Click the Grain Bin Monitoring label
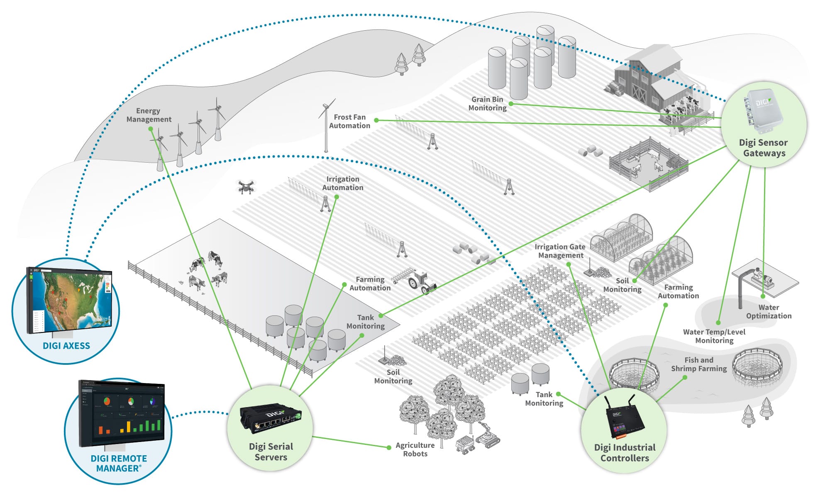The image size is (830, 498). pos(487,104)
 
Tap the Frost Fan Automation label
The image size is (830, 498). pos(349,122)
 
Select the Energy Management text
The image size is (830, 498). pos(149,115)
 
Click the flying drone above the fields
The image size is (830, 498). pos(246,186)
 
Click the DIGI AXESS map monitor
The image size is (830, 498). pos(68,301)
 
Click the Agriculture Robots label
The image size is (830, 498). pos(415,449)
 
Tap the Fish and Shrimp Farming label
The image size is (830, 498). pos(699,364)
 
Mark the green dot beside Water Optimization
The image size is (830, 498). pos(763,296)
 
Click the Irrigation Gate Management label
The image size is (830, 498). pos(560,251)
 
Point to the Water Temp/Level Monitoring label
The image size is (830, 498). pos(714,336)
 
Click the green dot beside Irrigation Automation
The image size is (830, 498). pos(337,197)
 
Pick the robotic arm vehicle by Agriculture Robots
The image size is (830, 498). pos(488,435)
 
